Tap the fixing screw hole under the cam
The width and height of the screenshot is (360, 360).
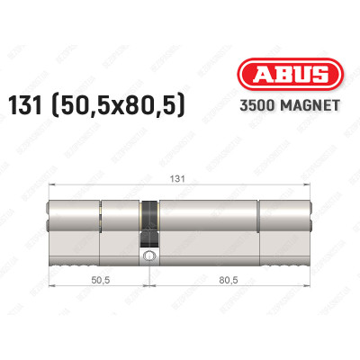148,257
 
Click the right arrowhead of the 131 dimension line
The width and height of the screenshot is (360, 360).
310,187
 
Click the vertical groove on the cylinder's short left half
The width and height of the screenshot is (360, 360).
101,223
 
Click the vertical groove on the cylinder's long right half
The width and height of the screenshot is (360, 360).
259,223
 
